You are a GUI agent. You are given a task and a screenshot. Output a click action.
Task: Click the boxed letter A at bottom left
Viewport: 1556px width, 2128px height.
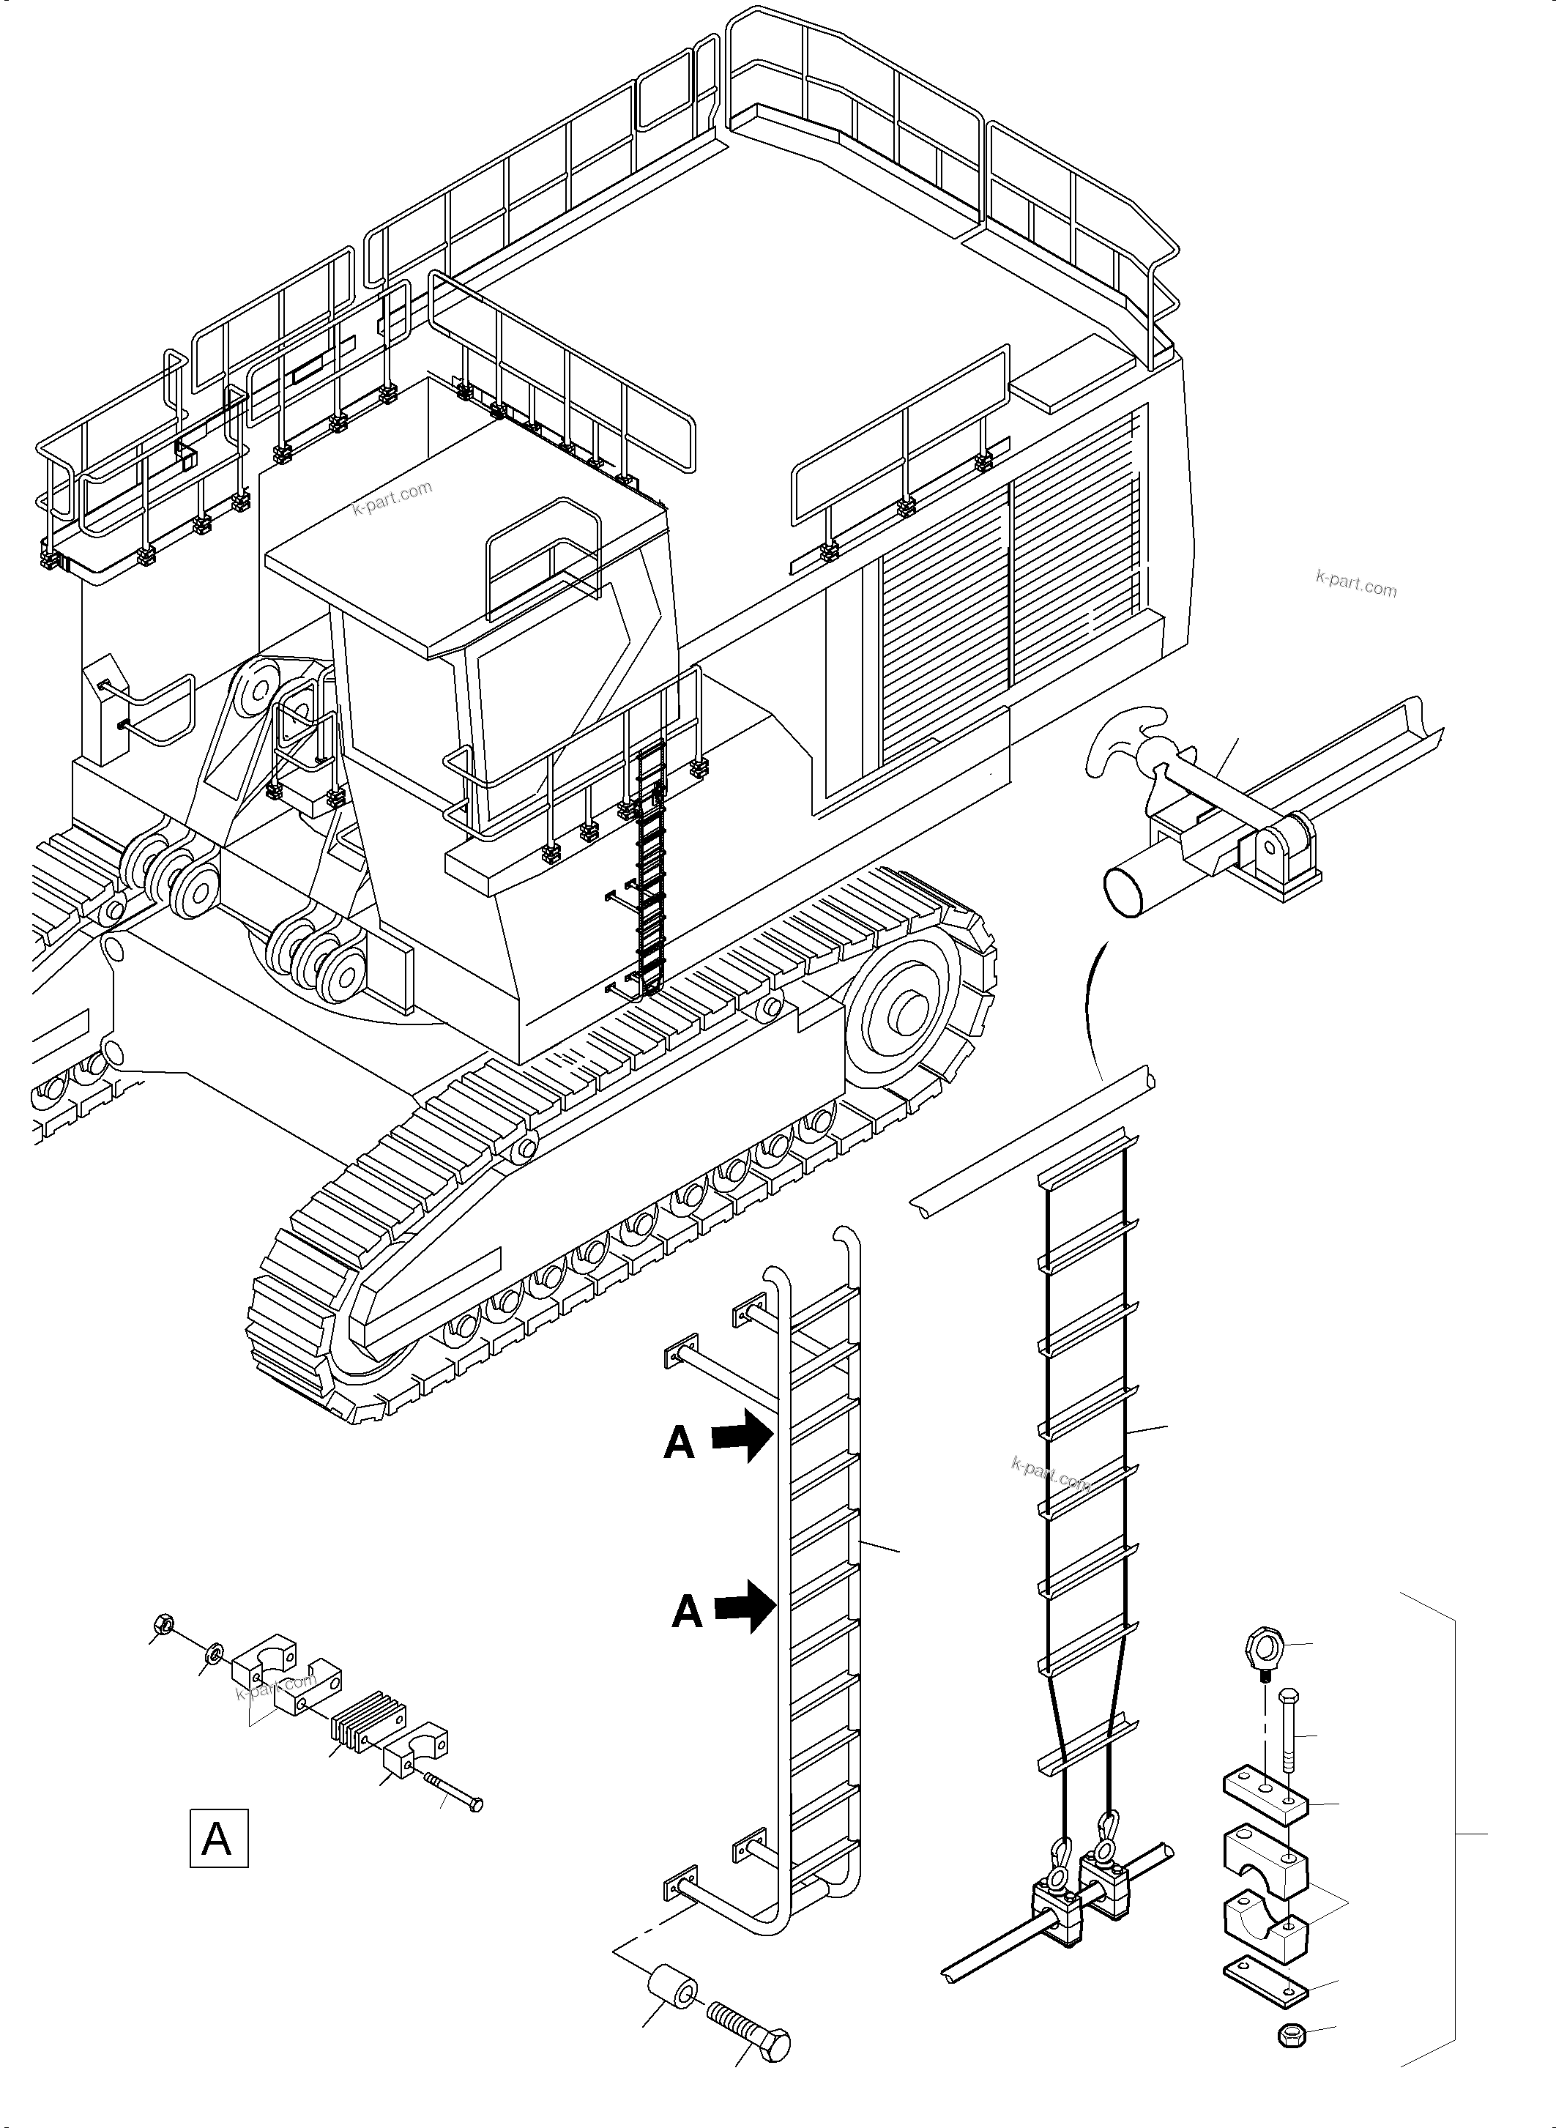click(218, 1838)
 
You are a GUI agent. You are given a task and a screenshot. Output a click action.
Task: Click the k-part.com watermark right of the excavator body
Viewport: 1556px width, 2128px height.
click(1355, 585)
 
